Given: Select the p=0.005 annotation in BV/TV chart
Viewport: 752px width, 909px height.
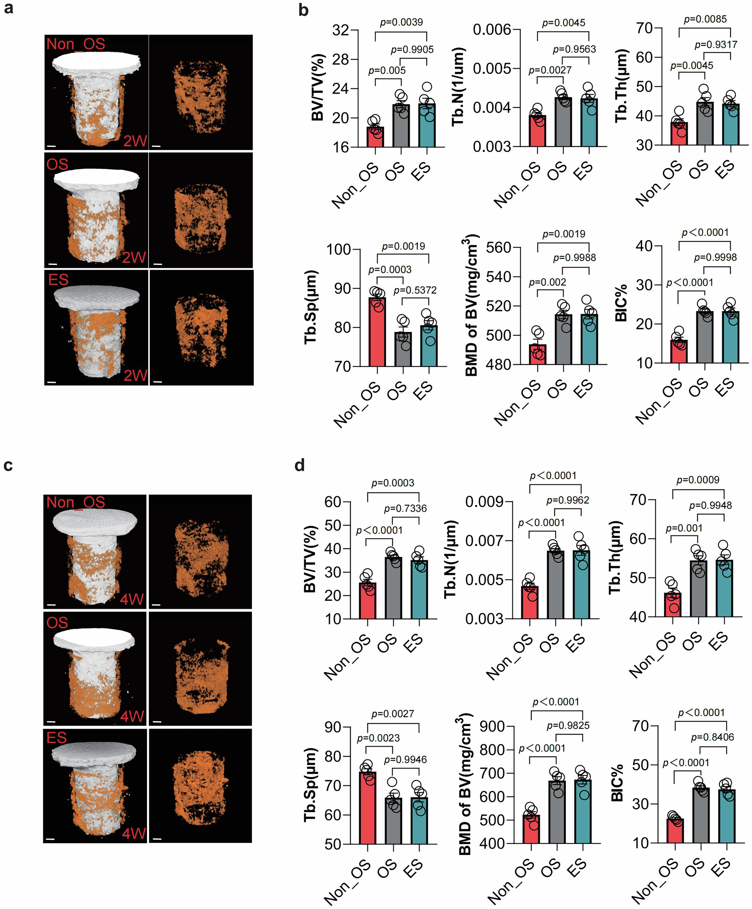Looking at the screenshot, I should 387,71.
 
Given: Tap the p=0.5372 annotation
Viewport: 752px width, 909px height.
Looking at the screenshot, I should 415,290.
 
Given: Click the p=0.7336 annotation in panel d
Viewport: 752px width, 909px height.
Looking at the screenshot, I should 405,508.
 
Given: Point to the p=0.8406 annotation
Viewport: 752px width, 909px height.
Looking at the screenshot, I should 712,737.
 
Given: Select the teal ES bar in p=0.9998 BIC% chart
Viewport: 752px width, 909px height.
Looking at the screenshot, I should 730,337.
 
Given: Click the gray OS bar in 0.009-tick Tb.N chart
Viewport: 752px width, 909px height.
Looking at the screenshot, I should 555,585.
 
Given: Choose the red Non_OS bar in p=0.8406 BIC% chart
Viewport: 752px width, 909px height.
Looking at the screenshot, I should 675,831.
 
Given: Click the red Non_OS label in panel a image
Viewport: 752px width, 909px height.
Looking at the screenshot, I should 76,44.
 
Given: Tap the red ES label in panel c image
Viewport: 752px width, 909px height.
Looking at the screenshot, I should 57,737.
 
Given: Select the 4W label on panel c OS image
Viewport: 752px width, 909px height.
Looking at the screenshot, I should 132,716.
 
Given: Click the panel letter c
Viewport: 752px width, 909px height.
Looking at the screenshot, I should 8,465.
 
